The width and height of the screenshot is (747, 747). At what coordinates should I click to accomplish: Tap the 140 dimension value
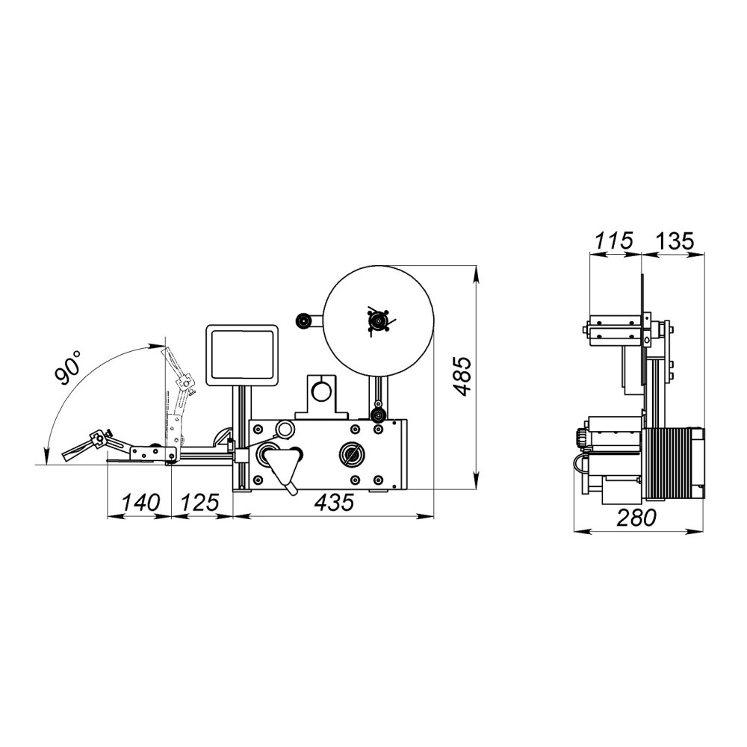tap(140, 502)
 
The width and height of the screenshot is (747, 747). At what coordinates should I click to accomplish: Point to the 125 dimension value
tap(199, 502)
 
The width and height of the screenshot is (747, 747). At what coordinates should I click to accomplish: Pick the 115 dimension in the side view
tap(614, 241)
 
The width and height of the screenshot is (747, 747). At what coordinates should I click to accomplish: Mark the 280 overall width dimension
tap(636, 518)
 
